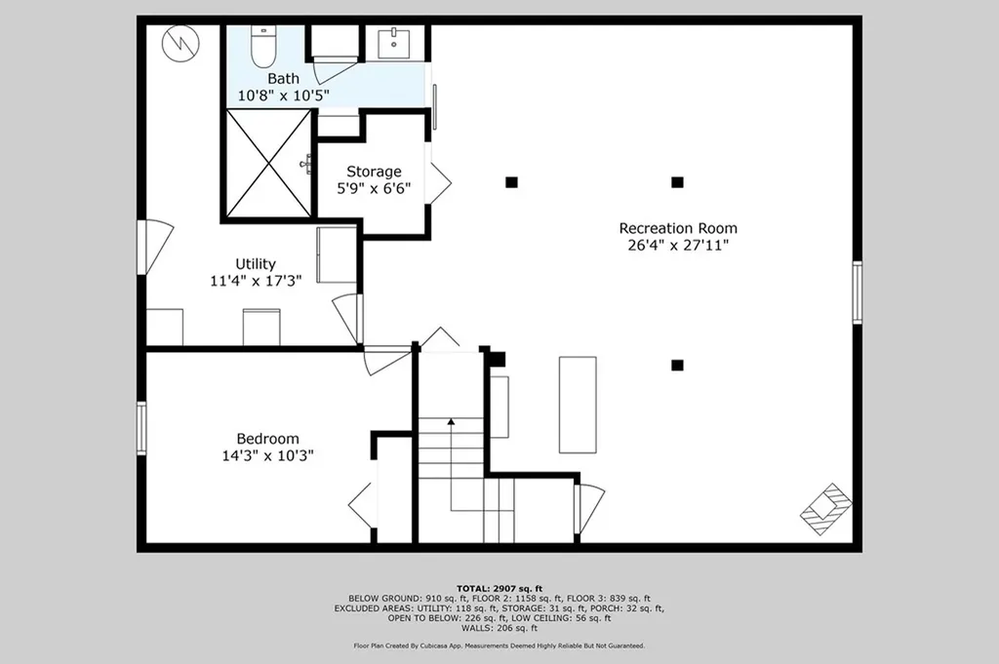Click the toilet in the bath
point(264,44)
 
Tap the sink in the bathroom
point(394,43)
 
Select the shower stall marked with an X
point(268,163)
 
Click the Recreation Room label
point(678,228)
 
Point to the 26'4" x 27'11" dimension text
point(678,246)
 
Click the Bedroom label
point(267,439)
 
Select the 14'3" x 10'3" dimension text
point(267,455)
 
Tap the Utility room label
point(256,263)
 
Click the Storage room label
point(374,172)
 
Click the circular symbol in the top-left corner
point(181,42)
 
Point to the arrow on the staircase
point(451,422)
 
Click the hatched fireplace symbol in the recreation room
point(826,508)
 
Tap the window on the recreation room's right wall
point(857,292)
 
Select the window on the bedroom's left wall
point(142,428)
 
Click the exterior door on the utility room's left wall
point(146,247)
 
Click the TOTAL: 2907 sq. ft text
point(499,589)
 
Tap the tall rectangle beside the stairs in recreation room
point(577,404)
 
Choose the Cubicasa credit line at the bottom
point(499,645)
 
